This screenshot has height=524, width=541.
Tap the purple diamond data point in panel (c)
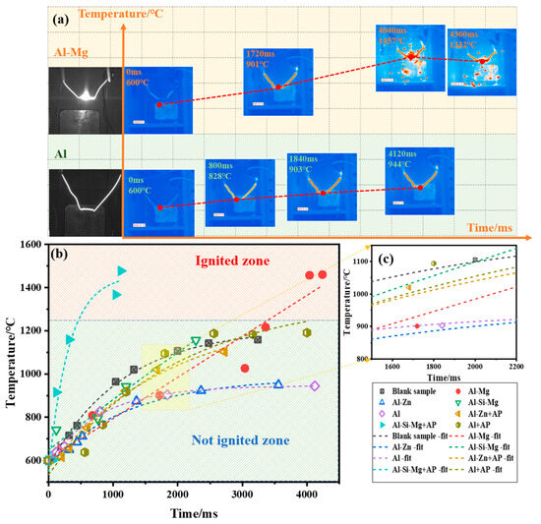coord(442,325)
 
